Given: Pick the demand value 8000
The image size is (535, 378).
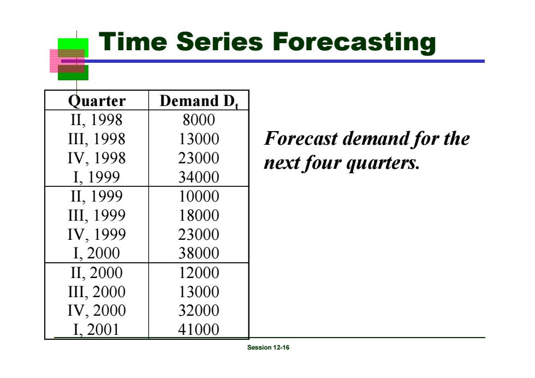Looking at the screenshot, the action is point(199,120).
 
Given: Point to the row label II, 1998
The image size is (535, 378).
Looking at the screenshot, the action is point(97,120).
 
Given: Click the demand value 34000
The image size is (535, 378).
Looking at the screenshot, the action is point(199,177).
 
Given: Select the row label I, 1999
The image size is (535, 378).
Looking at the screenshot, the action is point(97,178).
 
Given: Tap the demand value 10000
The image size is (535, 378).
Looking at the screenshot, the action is point(199,196).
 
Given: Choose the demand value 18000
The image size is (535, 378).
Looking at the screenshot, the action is point(199,215).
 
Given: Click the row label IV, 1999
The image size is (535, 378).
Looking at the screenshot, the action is point(97,234).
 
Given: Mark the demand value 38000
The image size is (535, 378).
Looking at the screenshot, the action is point(199,253).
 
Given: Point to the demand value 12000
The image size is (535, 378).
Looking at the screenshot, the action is point(199,273).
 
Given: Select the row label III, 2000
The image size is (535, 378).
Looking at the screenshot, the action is point(97,292).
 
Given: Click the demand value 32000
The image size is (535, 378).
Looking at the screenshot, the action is point(199,310).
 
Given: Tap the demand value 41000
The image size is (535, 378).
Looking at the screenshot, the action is point(199,329).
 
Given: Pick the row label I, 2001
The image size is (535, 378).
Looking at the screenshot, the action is point(97,330).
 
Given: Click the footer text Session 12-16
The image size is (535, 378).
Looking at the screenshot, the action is point(268,347).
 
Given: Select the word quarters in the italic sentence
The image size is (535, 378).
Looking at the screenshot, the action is point(383,163).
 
